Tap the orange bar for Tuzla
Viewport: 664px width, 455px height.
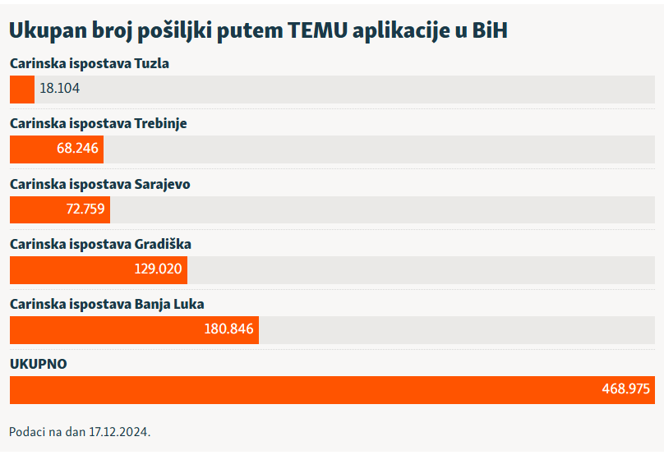coord(22,89)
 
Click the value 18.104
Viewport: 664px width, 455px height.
coord(60,89)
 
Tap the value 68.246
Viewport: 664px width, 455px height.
coord(77,149)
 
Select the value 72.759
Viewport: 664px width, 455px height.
coord(85,209)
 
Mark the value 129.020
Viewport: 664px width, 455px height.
coord(158,269)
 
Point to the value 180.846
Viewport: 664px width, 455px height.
coord(229,329)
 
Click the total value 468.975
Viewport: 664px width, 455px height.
coord(625,389)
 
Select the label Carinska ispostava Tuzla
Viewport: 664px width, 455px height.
coord(90,63)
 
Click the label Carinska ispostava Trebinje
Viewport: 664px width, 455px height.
coord(99,123)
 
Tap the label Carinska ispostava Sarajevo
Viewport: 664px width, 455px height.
coord(100,184)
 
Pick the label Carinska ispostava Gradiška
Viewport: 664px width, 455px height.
coord(100,244)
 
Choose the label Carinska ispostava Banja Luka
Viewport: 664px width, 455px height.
coord(107,304)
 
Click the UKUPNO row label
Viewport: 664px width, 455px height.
coord(38,364)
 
